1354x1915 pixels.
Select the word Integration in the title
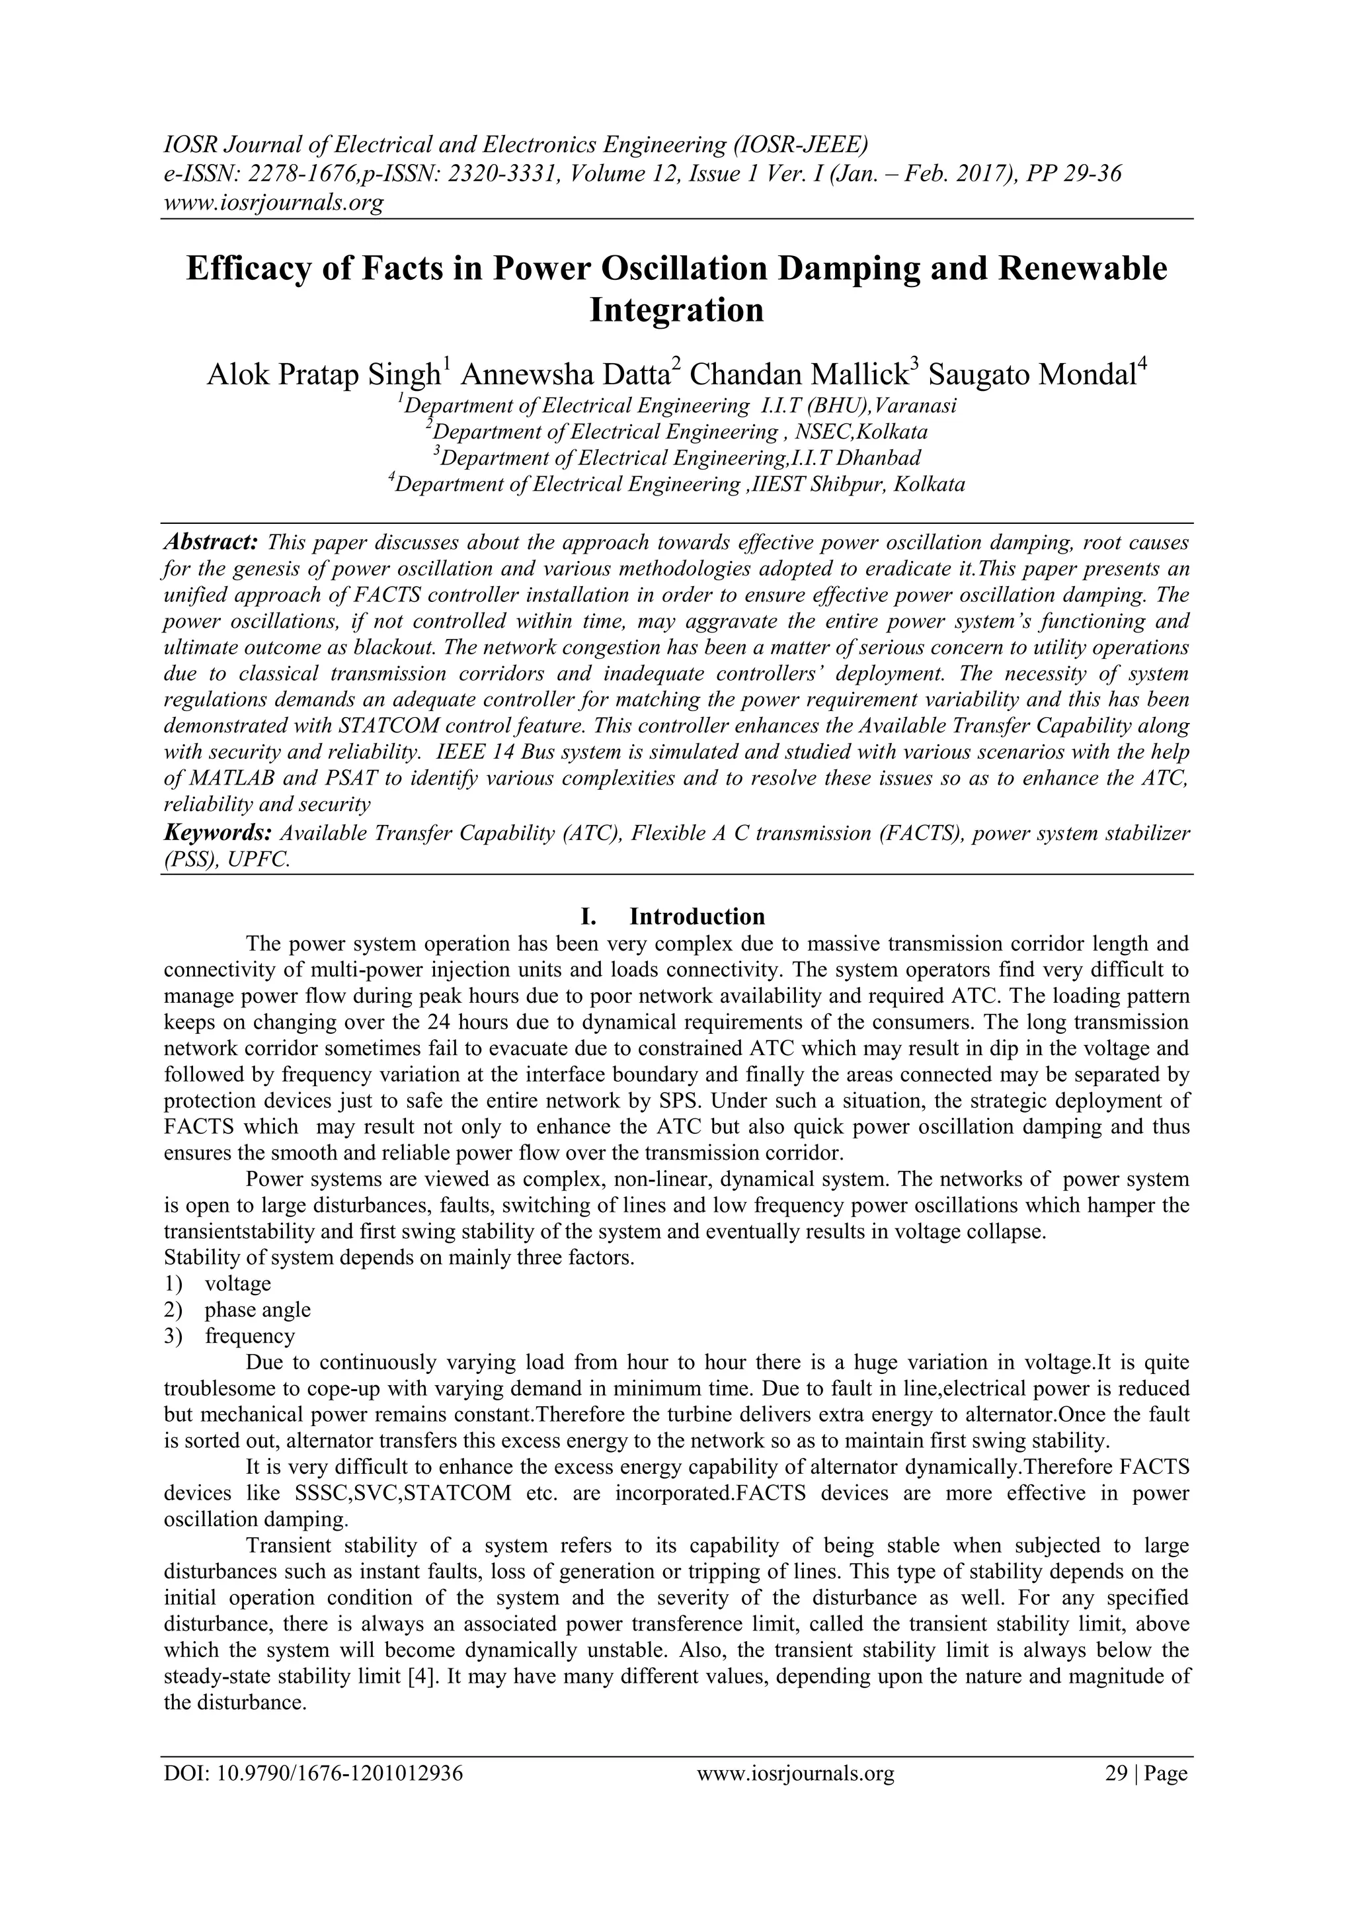[676, 310]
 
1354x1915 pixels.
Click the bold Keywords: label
[218, 833]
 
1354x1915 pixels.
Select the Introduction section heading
[696, 917]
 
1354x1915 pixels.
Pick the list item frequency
[249, 1336]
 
